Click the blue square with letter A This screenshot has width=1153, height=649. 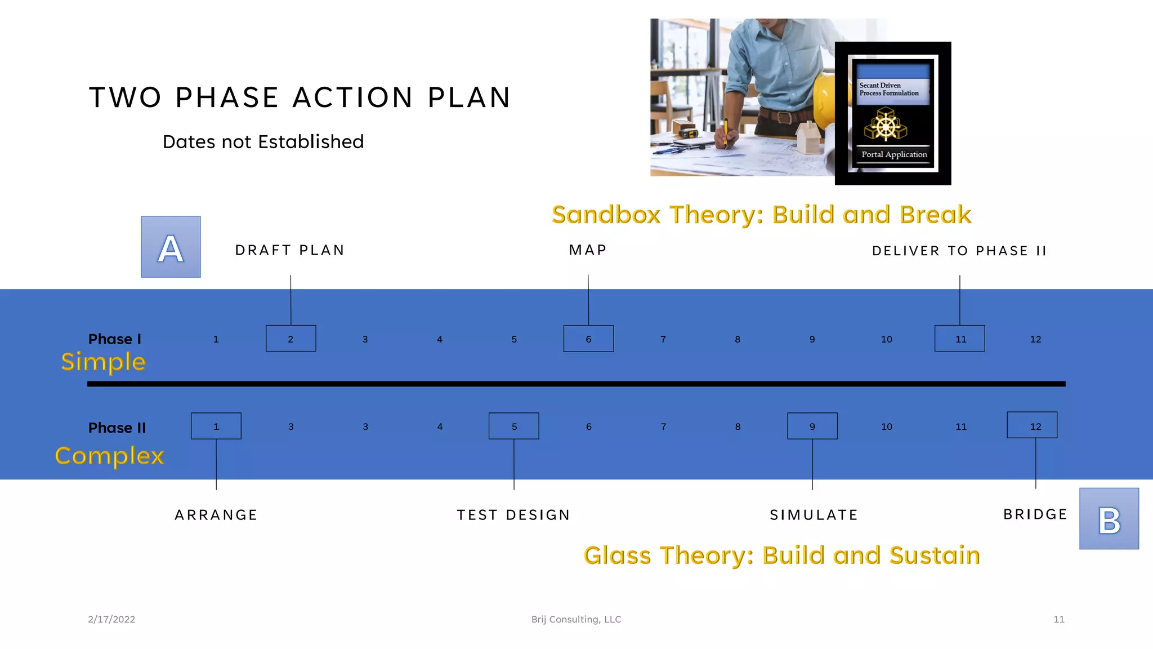tap(171, 247)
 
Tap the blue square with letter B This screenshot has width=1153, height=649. tap(1109, 518)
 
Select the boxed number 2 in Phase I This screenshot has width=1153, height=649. tap(291, 339)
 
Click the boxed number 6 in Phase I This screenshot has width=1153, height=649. tap(588, 339)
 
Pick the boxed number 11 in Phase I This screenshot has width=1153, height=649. tap(959, 339)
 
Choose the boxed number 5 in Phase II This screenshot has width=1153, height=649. tap(513, 426)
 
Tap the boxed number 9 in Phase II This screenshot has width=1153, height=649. tap(812, 426)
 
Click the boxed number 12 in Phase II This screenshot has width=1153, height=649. tap(1031, 425)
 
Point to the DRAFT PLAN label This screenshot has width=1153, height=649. tap(290, 250)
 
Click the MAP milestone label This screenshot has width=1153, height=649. tap(588, 250)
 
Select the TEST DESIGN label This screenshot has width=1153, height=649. tap(513, 515)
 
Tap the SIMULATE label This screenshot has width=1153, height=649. tap(814, 515)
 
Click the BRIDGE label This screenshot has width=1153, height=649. tap(1035, 514)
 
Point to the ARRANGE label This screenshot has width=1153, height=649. tap(216, 515)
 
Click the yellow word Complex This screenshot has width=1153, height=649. tap(110, 456)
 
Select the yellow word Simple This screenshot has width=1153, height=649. tap(104, 362)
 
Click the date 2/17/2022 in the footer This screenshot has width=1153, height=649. tap(111, 619)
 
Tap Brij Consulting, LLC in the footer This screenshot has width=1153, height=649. tap(576, 619)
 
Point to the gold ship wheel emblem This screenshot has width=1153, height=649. tap(886, 125)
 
